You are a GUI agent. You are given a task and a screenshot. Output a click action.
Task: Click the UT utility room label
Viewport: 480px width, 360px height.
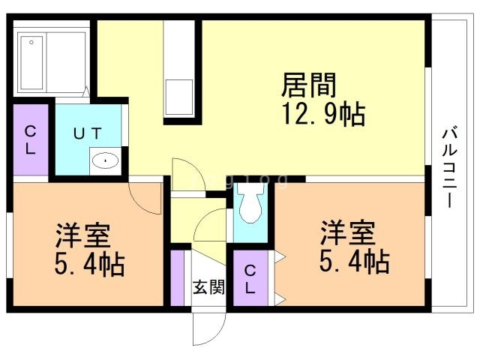coord(87,133)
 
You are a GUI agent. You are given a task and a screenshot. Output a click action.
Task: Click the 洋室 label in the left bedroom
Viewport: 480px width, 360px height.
coord(82,235)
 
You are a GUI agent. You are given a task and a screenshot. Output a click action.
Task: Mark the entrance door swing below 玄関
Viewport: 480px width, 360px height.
coord(208,323)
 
